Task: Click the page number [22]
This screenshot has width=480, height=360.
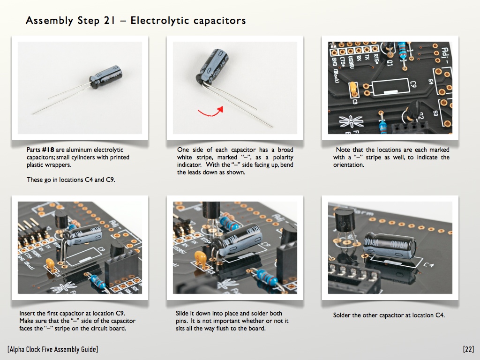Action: (468, 349)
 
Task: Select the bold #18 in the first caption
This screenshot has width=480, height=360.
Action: (48, 150)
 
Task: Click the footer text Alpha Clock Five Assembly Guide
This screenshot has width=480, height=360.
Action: (52, 349)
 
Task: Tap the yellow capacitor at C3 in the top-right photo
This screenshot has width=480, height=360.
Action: (353, 88)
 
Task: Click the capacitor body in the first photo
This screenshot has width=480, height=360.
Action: (106, 76)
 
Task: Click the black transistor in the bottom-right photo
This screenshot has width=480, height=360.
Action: (345, 219)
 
